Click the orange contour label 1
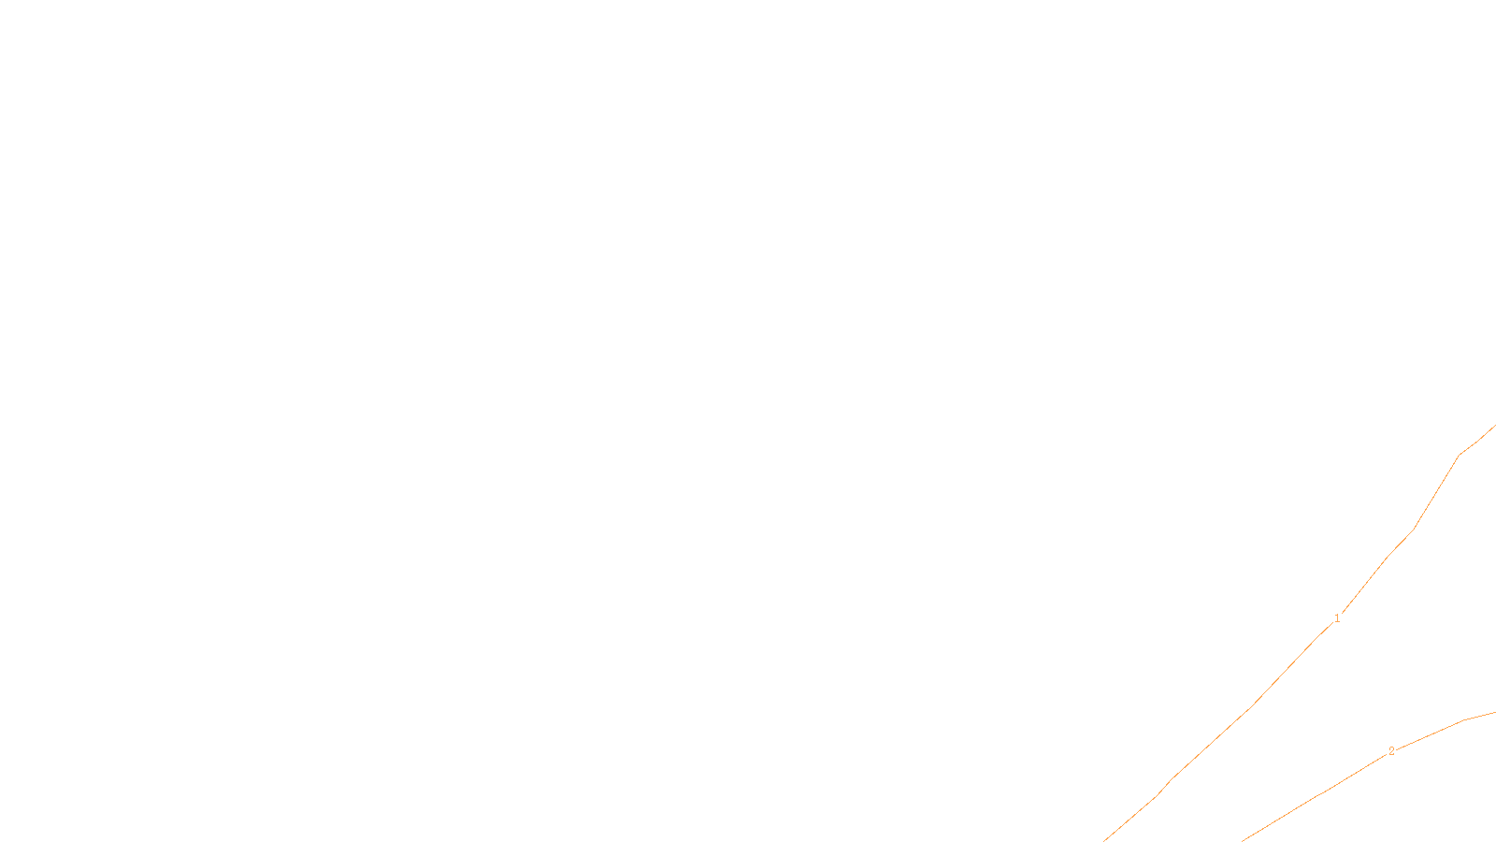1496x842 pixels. [1337, 618]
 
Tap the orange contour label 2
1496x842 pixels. [1391, 751]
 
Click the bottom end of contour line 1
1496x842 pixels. [1104, 840]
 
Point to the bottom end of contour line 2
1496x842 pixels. [1243, 840]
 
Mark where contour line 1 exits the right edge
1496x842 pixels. [1494, 427]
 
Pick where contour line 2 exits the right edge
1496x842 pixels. [1494, 713]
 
